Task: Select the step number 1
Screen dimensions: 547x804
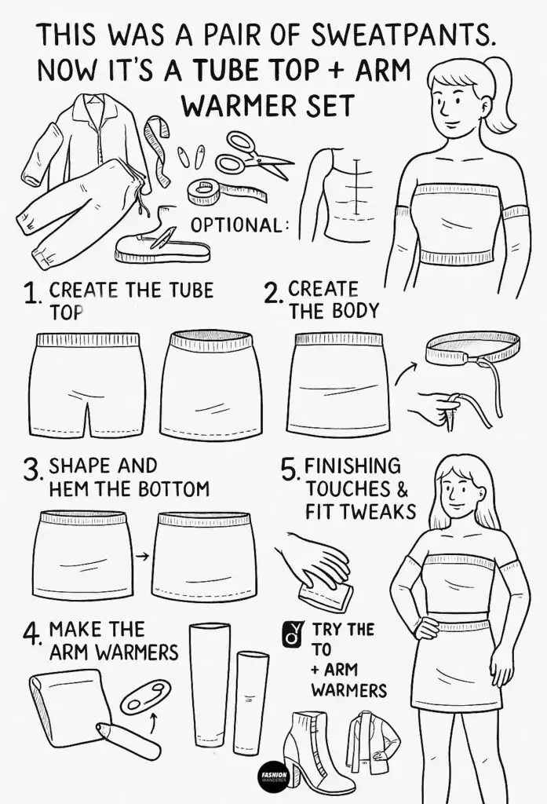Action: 32,296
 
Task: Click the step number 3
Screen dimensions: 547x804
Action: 33,471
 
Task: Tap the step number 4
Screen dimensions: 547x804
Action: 33,634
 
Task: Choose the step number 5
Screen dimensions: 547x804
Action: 290,470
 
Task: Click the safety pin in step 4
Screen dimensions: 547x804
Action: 146,696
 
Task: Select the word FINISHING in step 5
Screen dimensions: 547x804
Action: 352,467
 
